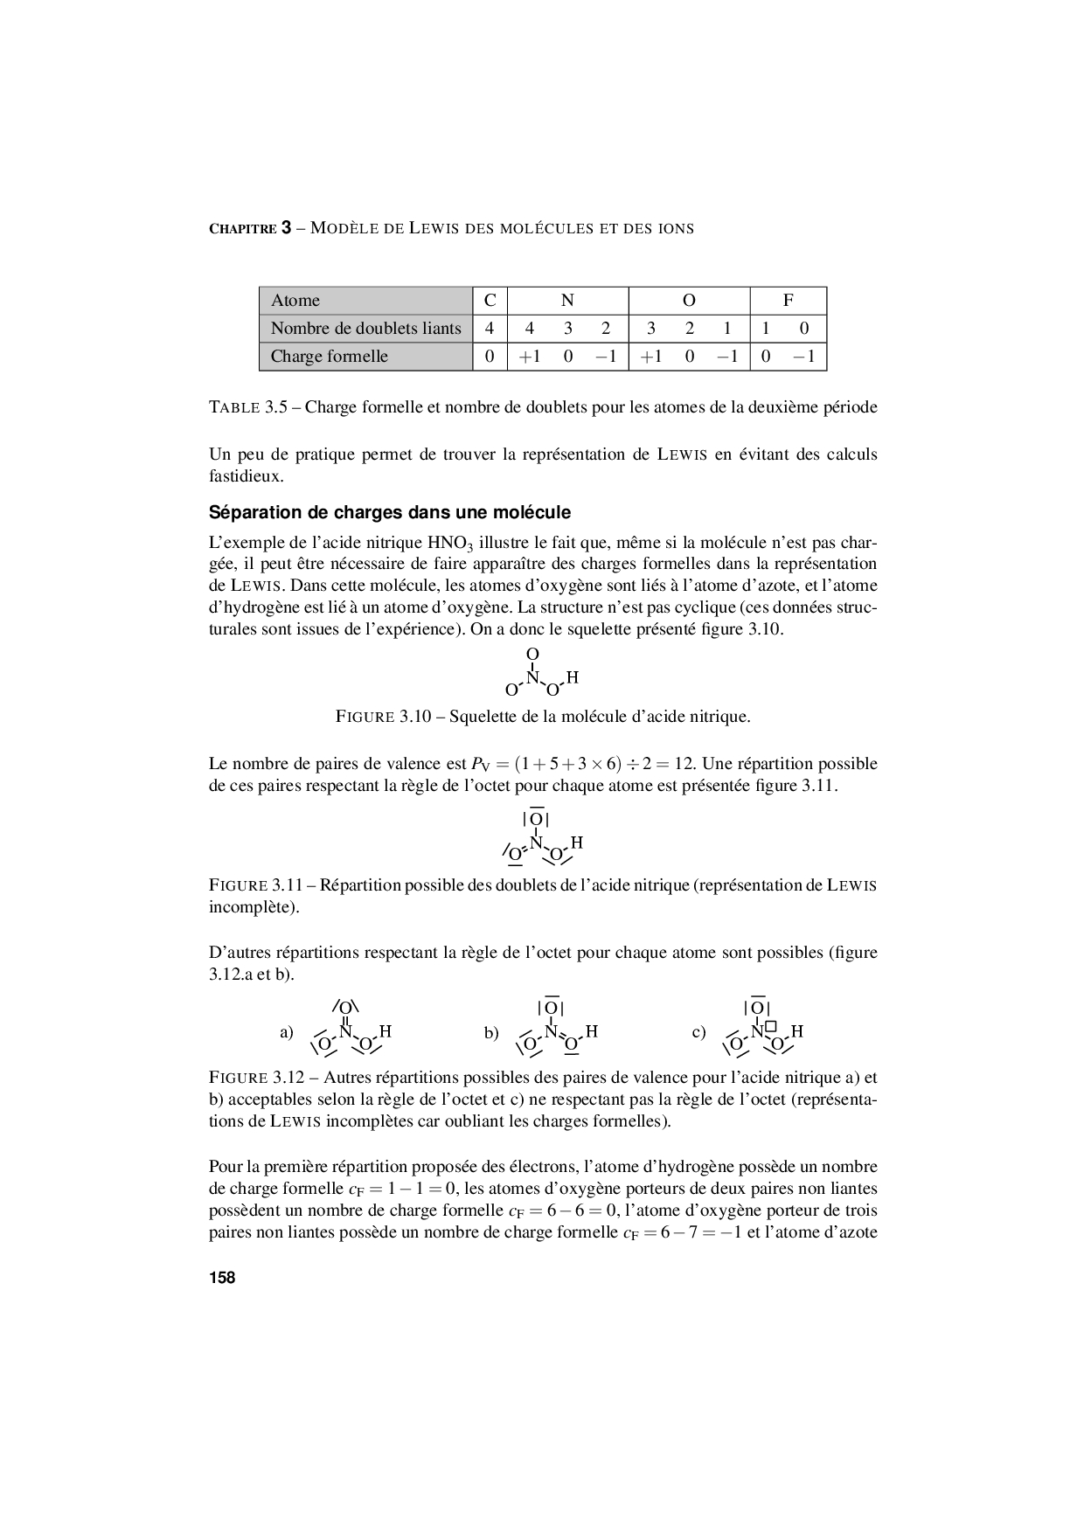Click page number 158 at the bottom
pyautogui.click(x=222, y=1277)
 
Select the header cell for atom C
pyautogui.click(x=490, y=300)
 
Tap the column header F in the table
pyautogui.click(x=788, y=300)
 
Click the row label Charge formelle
pyautogui.click(x=329, y=357)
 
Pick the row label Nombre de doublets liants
pyautogui.click(x=365, y=329)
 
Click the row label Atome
pyautogui.click(x=295, y=301)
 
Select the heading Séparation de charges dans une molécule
pyautogui.click(x=390, y=512)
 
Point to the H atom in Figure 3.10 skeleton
pyautogui.click(x=573, y=678)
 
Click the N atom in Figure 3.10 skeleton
pyautogui.click(x=532, y=676)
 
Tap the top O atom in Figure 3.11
pyautogui.click(x=536, y=820)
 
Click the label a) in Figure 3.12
pyautogui.click(x=287, y=1032)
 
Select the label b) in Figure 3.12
pyautogui.click(x=491, y=1032)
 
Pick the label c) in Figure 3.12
pyautogui.click(x=698, y=1032)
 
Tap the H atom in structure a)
pyautogui.click(x=386, y=1031)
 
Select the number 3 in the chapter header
pyautogui.click(x=286, y=228)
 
